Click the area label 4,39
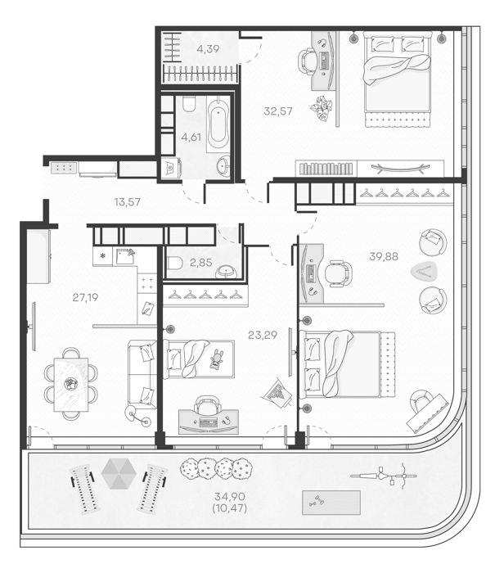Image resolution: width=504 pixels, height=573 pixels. [x=208, y=48]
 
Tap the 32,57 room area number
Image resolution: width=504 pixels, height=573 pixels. [x=278, y=111]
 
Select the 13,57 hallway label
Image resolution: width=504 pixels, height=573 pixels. [x=127, y=201]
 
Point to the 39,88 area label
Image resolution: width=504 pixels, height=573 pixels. [x=384, y=256]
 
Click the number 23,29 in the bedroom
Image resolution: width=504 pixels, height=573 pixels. [x=262, y=335]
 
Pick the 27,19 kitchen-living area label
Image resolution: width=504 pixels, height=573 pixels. [x=85, y=298]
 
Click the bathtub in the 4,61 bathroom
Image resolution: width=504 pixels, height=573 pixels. [x=218, y=124]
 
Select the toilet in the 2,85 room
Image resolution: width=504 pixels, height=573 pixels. [x=175, y=263]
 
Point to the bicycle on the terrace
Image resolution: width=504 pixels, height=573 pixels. [x=384, y=476]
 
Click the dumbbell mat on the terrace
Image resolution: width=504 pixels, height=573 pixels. [x=331, y=503]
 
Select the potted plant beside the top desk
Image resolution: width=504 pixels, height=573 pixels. [x=322, y=107]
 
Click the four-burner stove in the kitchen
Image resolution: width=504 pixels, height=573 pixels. [x=147, y=283]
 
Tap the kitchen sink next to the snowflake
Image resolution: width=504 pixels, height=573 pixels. [x=124, y=256]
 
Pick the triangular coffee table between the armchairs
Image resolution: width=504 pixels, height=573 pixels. [x=424, y=272]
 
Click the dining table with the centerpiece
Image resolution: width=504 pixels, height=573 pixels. [x=71, y=384]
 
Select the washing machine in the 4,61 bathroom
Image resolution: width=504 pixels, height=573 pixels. [x=171, y=168]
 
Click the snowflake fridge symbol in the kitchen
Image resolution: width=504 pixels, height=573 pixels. [x=102, y=255]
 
